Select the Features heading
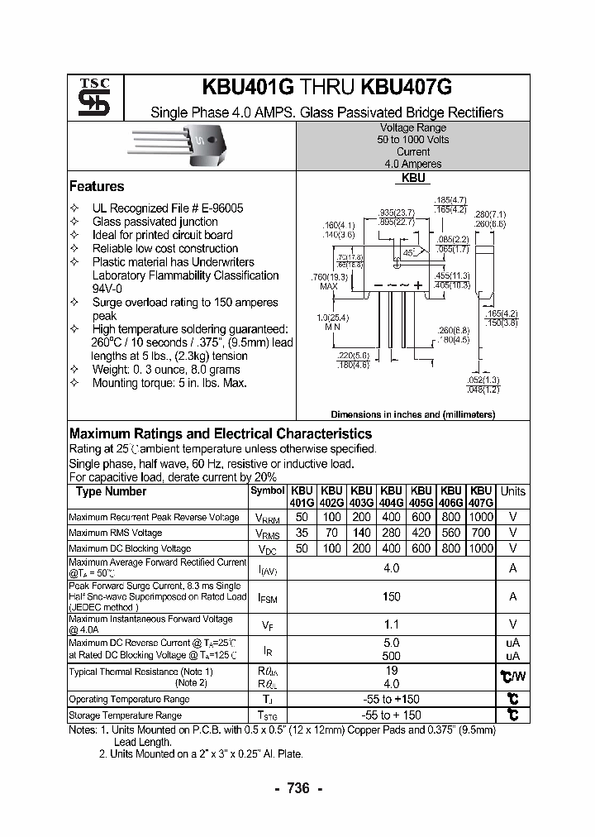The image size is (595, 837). click(97, 186)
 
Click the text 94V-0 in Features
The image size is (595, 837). click(107, 289)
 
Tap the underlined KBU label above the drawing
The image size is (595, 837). click(413, 178)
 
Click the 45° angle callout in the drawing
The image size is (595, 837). click(408, 251)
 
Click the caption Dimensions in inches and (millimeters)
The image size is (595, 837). click(412, 414)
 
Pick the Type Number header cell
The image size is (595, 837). click(111, 491)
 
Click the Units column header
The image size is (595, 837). click(512, 491)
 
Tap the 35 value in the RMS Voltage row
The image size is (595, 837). click(302, 533)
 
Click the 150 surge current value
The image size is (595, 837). click(392, 596)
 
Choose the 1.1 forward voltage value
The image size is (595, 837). click(392, 625)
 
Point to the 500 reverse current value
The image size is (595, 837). click(392, 655)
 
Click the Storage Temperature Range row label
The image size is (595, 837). click(125, 715)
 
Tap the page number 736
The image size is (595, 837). click(297, 788)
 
